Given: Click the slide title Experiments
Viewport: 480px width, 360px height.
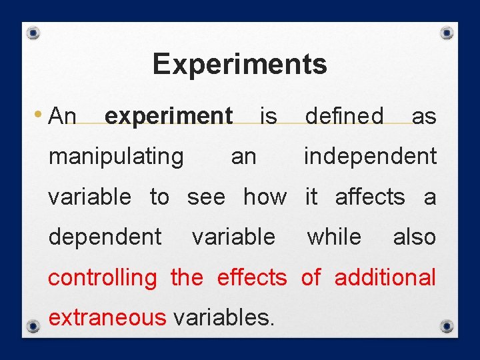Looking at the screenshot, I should pos(239,65).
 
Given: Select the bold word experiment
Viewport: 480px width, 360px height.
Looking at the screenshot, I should pos(169,116).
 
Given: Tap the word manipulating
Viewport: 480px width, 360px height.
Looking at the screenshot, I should pos(116,156).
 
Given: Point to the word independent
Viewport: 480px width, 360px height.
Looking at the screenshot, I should pos(370,156).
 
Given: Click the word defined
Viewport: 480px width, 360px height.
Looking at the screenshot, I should pos(344,116).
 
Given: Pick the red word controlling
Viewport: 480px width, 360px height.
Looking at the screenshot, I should pos(102,277).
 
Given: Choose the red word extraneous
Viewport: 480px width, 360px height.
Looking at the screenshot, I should pos(107,317).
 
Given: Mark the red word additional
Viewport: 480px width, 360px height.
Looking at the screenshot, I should pos(385,277).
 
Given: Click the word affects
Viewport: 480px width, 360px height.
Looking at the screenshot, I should pos(369,197).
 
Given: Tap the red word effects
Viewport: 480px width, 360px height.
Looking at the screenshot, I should pos(251,277).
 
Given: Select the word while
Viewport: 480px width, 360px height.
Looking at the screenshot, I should pos(333,237).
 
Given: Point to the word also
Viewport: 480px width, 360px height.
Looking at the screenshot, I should pos(414,237).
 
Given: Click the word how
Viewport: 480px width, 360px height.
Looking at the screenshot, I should pos(265,197).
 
